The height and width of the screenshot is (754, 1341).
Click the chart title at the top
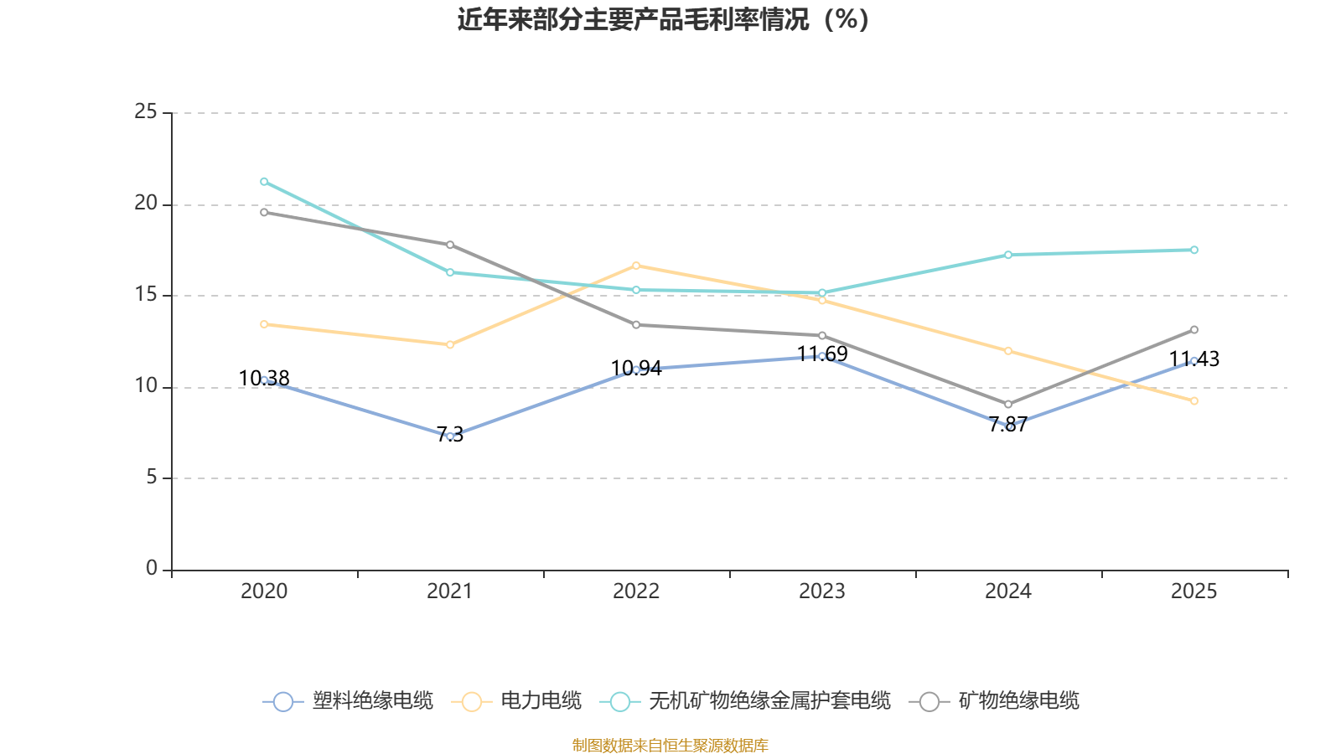[663, 19]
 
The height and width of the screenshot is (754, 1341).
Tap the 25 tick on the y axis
[146, 111]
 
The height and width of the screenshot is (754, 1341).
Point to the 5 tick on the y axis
[152, 478]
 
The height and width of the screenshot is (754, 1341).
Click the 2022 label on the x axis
[636, 591]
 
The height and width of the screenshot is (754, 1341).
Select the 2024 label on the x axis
[1008, 591]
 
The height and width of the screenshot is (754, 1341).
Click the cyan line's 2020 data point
[264, 182]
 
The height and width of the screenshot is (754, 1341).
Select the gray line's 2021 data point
[450, 245]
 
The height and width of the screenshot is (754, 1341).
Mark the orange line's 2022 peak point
[636, 266]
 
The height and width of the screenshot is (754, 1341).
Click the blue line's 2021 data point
[450, 436]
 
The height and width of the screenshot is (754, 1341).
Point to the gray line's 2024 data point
[1008, 405]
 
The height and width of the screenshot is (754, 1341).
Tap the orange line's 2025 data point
[1194, 401]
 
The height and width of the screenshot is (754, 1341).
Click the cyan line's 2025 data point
[1194, 250]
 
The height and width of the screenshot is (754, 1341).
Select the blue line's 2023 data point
[822, 356]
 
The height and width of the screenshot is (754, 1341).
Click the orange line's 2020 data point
[264, 324]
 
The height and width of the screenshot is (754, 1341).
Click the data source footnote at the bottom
[670, 745]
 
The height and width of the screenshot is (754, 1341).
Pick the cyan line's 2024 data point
[1008, 255]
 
